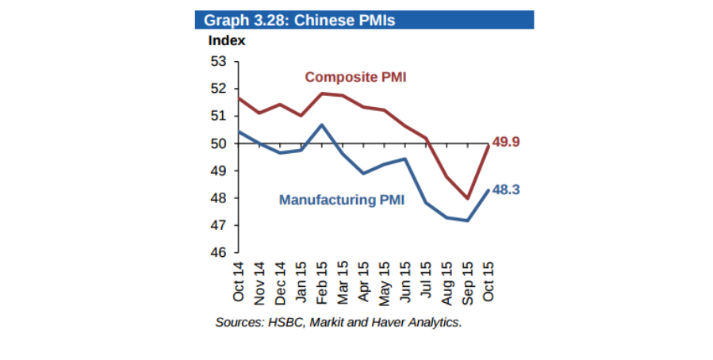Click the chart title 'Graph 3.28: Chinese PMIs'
pyautogui.click(x=299, y=20)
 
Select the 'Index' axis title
pyautogui.click(x=226, y=40)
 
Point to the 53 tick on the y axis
pyautogui.click(x=218, y=61)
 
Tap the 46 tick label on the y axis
pyautogui.click(x=218, y=253)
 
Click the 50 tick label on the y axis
pyautogui.click(x=218, y=144)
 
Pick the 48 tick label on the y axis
pyautogui.click(x=218, y=198)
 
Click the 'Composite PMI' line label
pyautogui.click(x=356, y=77)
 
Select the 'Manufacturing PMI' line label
pyautogui.click(x=342, y=201)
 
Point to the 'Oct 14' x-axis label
pyautogui.click(x=239, y=281)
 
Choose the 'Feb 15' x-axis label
pyautogui.click(x=322, y=281)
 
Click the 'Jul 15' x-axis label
pyautogui.click(x=426, y=281)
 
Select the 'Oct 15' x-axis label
pyautogui.click(x=488, y=281)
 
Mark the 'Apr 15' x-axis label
pyautogui.click(x=363, y=281)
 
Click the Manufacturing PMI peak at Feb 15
pyautogui.click(x=322, y=124)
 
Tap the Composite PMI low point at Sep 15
pyautogui.click(x=467, y=198)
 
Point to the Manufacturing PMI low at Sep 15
pyautogui.click(x=467, y=220)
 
